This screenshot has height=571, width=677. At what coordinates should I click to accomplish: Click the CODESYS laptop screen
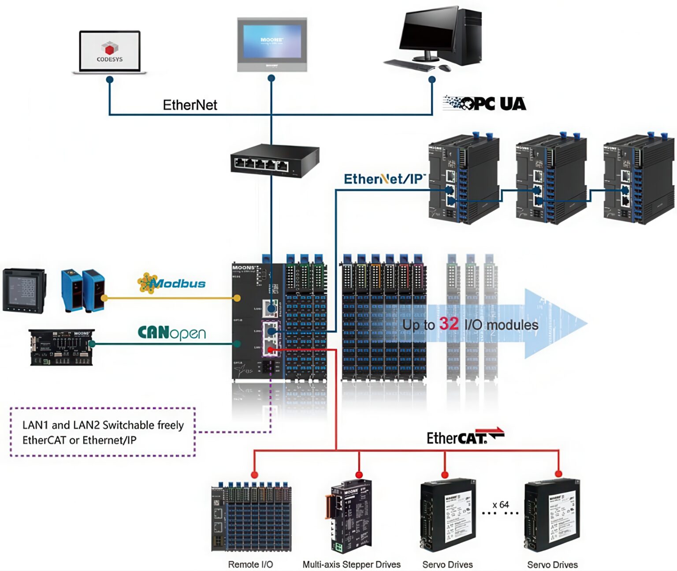[x=109, y=50]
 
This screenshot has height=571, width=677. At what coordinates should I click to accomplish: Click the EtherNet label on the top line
[x=190, y=105]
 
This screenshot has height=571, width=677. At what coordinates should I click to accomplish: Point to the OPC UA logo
[x=485, y=104]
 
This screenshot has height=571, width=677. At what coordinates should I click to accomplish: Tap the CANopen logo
[x=172, y=333]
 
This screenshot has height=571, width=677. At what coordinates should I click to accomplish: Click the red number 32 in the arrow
[x=449, y=324]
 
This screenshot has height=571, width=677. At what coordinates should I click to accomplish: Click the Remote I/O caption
[x=250, y=564]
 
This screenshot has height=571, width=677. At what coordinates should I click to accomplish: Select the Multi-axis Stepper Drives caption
[x=351, y=564]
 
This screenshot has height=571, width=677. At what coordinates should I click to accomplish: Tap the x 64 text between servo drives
[x=501, y=504]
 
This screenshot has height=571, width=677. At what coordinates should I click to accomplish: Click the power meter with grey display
[x=24, y=291]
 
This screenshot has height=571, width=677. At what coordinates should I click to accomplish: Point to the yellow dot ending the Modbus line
[x=237, y=298]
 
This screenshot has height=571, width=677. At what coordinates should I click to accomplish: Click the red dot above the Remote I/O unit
[x=254, y=474]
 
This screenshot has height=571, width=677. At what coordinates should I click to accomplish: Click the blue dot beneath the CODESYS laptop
[x=110, y=80]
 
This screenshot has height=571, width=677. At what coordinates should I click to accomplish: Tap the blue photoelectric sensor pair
[x=82, y=290]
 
